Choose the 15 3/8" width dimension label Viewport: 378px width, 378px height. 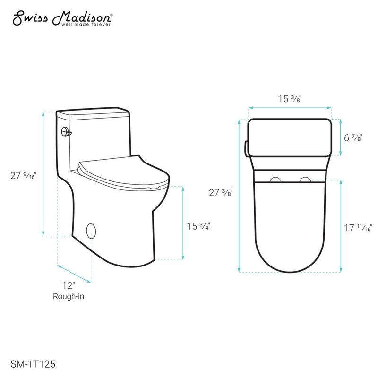coord(290,99)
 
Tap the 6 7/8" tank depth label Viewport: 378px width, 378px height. coord(353,138)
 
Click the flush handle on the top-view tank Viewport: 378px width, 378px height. coord(246,148)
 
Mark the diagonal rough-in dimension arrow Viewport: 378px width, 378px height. coord(74,273)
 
